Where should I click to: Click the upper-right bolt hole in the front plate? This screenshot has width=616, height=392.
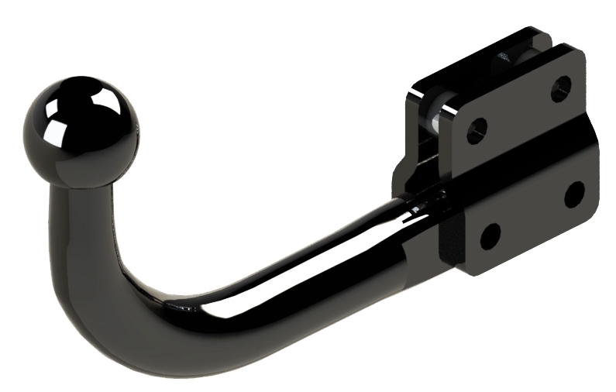[561, 88]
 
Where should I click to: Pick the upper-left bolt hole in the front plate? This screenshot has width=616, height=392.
[477, 130]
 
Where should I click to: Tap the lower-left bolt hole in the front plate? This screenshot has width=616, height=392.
[490, 235]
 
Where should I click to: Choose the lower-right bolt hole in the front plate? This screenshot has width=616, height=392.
[574, 194]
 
